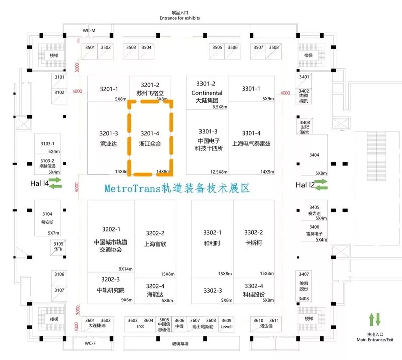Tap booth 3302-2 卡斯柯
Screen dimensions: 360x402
coord(253,237)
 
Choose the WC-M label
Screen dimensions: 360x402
coord(89,31)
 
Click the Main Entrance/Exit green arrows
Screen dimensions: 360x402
coord(375,319)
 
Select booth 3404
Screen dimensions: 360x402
coord(314,155)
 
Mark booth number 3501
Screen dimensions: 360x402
coord(90,48)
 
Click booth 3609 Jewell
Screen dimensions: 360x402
coord(227,323)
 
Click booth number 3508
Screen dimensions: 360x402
coord(274,48)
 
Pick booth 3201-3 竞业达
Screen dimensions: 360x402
coord(109,138)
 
